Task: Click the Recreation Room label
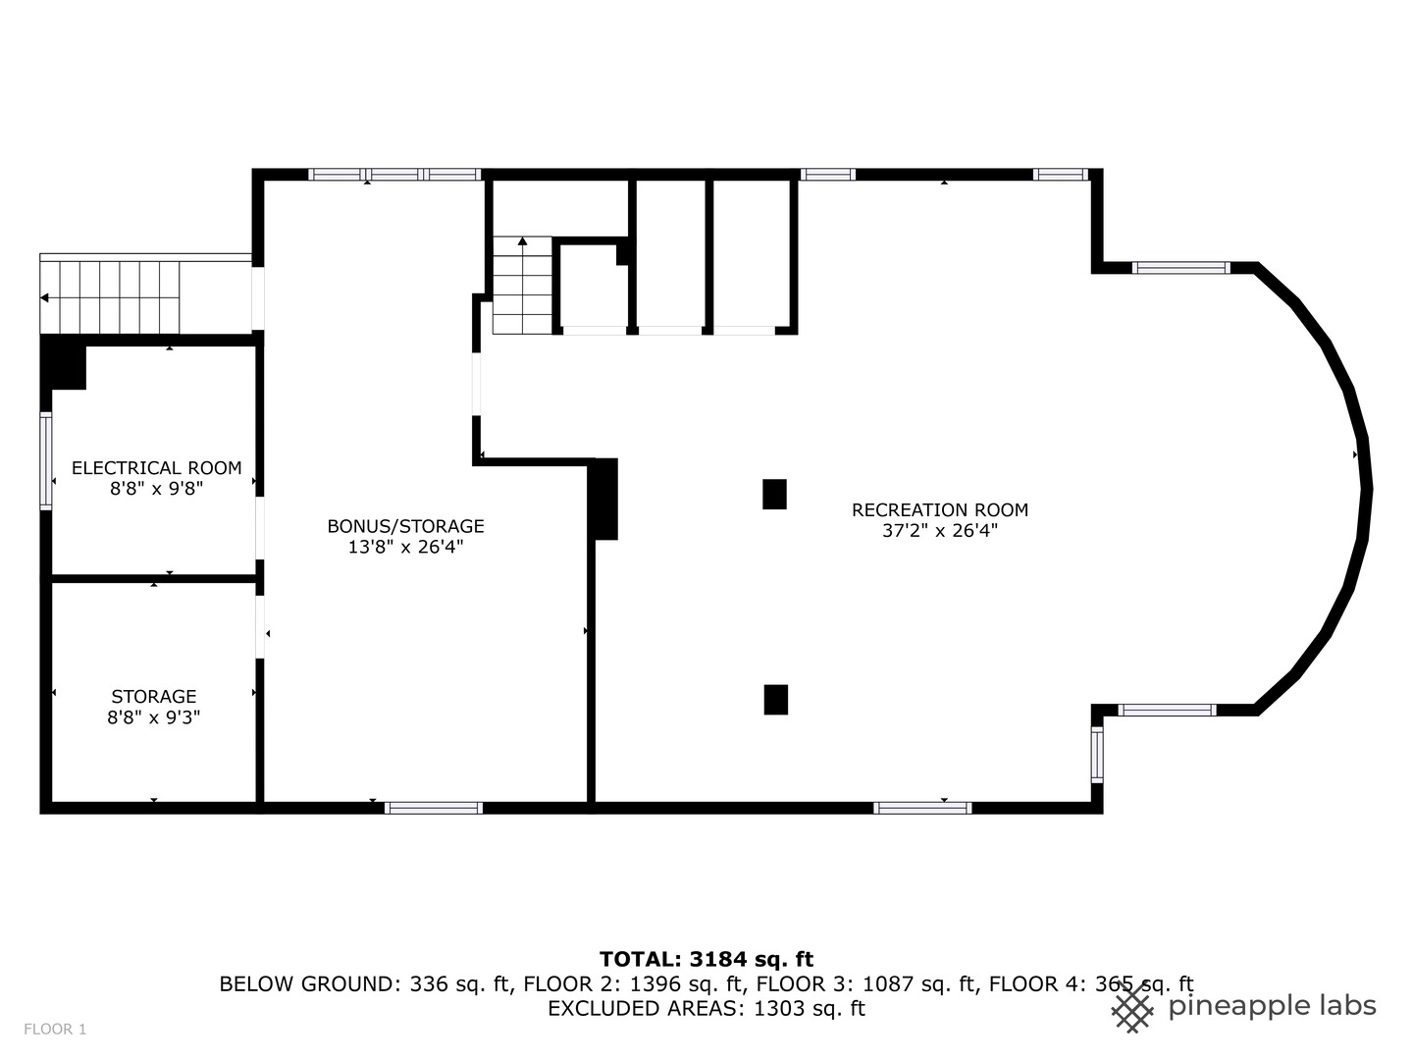click(x=939, y=509)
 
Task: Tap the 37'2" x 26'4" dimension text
click(x=939, y=532)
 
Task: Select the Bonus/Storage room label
click(x=405, y=526)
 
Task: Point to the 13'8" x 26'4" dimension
click(x=405, y=548)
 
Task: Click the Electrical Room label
click(x=156, y=468)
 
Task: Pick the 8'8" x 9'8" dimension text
click(x=156, y=489)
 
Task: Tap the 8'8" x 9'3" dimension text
click(x=153, y=717)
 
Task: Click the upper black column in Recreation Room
click(x=774, y=494)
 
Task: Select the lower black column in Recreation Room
click(x=775, y=699)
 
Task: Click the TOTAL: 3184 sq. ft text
click(x=706, y=959)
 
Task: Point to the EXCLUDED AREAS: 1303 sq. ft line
click(x=706, y=1008)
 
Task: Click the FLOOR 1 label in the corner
click(x=55, y=1030)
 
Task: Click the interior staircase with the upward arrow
click(x=523, y=287)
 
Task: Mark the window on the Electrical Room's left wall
click(x=45, y=461)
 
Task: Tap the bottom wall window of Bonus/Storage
click(x=434, y=808)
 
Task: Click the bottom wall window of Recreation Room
click(x=922, y=808)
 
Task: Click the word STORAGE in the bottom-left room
click(x=153, y=697)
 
